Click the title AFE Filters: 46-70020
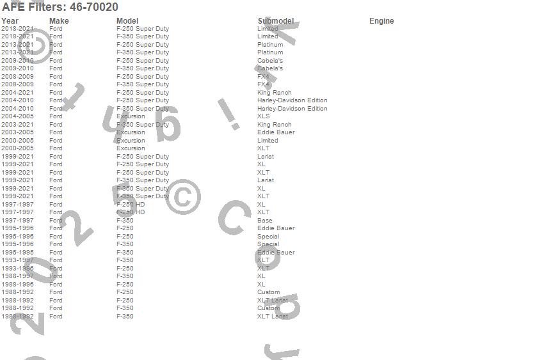coord(60,7)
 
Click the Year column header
coord(10,21)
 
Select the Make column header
coord(59,21)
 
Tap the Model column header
coord(127,21)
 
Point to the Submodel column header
coord(276,21)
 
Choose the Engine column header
coord(381,21)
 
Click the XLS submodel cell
coord(264,116)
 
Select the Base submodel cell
coord(265,221)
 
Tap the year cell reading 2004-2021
coord(17,93)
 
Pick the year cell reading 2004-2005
coord(17,116)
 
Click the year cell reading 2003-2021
coord(17,125)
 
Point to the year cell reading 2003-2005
coord(17,132)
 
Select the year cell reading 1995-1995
coord(17,253)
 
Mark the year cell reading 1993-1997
coord(17,260)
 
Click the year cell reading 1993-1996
coord(17,269)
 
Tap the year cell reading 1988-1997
coord(17,276)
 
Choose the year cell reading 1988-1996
coord(17,285)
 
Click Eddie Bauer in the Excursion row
coord(276,132)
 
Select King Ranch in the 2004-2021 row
coord(274,93)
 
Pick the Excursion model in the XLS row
coord(131,116)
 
